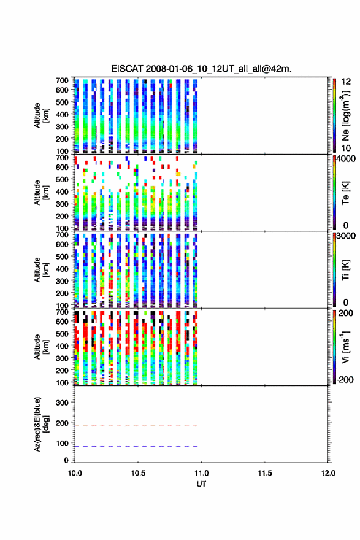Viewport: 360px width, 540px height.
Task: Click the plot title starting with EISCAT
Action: coord(201,69)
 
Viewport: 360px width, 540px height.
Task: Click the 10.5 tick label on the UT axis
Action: coord(138,473)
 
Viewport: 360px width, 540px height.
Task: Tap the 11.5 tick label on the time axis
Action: coord(265,473)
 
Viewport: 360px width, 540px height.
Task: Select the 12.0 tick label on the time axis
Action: coord(328,473)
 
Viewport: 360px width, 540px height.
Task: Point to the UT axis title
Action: coord(201,484)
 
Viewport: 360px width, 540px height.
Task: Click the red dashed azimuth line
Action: coord(136,426)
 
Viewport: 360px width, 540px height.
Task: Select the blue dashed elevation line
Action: coord(136,446)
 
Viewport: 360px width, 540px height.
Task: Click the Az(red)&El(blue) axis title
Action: coord(41,424)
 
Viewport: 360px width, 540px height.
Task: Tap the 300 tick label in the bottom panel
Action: coord(62,403)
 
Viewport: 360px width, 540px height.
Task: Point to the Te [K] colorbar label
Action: coord(345,193)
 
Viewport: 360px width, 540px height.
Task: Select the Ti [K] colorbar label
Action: coord(345,270)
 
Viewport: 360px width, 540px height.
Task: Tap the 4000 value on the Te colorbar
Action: coord(346,159)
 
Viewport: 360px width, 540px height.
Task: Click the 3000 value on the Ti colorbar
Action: coord(346,236)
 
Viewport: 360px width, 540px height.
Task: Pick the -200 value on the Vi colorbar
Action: coord(345,379)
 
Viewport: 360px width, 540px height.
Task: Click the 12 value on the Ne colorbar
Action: coord(346,82)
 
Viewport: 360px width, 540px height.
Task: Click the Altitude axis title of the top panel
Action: coord(41,115)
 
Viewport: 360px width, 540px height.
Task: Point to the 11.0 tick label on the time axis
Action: coord(201,473)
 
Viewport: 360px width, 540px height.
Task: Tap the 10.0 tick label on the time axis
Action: coord(75,473)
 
